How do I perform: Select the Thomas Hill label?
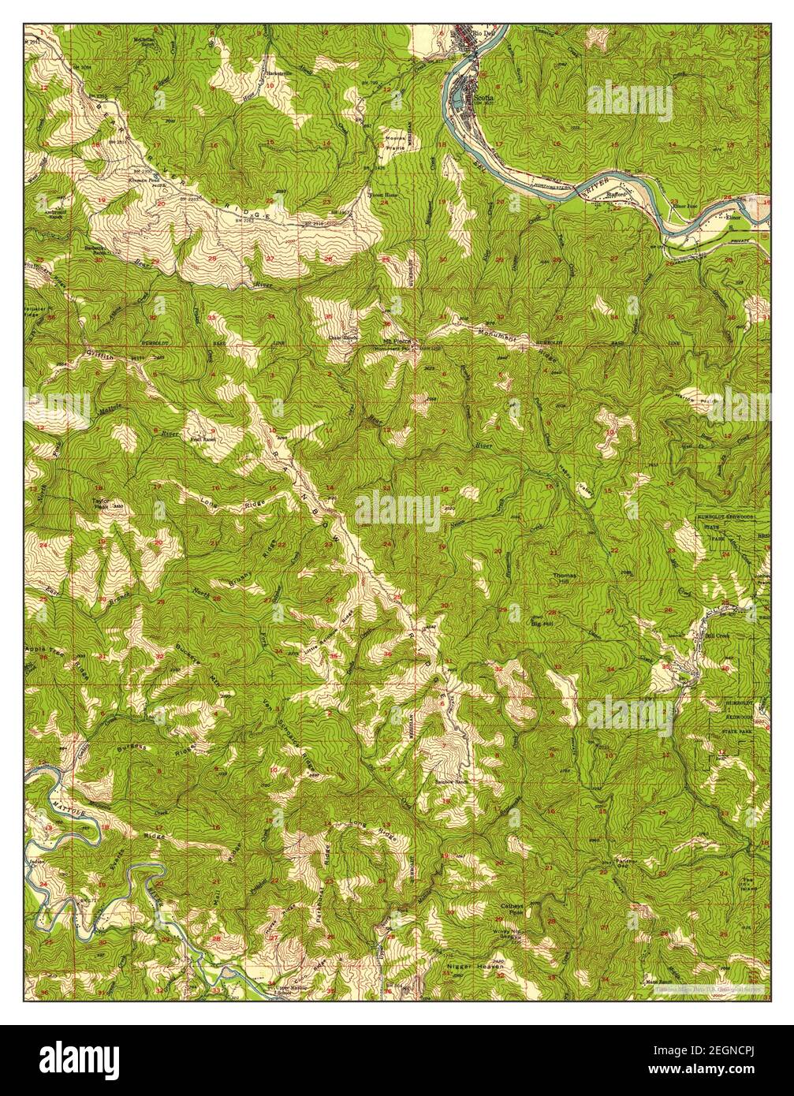pos(565,579)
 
